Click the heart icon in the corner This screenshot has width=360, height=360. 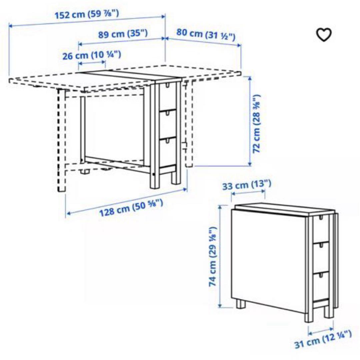point(324,34)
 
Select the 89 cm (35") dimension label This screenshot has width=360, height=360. point(123,34)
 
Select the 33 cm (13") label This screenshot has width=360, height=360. point(247,184)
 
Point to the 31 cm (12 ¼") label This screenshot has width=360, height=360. point(322,339)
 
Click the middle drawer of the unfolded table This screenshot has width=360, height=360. point(168,123)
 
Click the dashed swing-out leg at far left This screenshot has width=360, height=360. point(61,140)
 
